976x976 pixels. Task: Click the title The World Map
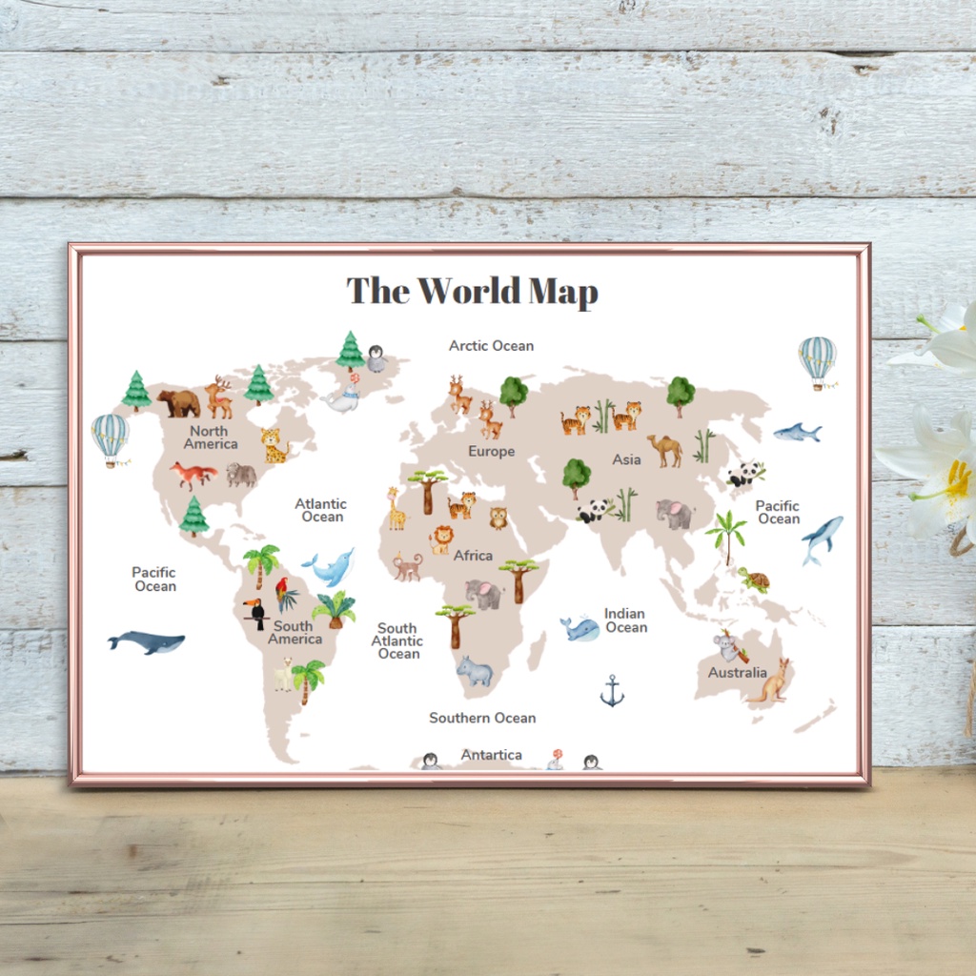472,291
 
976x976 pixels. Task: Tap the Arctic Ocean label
491,346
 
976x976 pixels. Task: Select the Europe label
491,452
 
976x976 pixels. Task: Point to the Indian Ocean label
625,620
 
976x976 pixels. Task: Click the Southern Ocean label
482,718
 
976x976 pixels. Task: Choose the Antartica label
491,755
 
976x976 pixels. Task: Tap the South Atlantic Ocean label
396,640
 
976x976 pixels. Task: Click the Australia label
737,673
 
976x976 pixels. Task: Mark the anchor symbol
612,691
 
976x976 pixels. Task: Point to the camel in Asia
665,449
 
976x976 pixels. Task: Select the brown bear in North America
179,403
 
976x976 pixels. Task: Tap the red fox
193,474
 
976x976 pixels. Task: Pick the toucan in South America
254,613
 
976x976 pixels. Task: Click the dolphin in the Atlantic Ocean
330,567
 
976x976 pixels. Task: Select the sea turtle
755,579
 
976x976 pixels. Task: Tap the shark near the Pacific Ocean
797,433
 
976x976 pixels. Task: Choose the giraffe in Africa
395,509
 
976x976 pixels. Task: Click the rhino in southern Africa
474,671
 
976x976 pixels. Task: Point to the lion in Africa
441,539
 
